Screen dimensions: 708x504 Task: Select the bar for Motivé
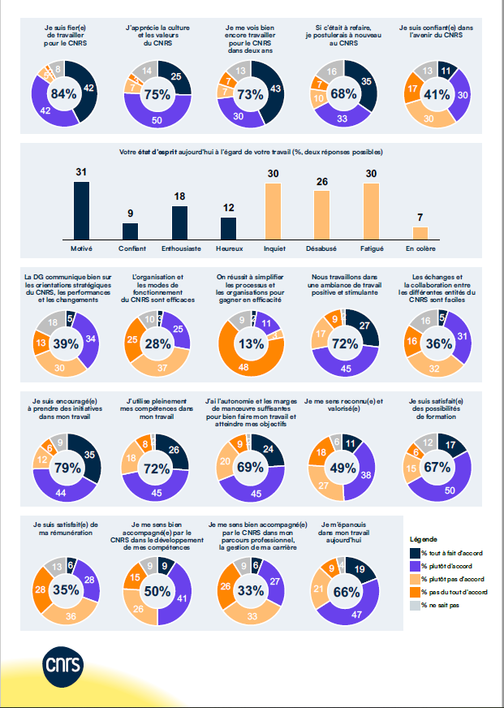(80, 209)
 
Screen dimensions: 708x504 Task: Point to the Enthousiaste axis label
(179, 247)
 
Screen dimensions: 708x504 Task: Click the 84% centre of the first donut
(63, 94)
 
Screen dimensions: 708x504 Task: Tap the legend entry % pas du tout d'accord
(455, 593)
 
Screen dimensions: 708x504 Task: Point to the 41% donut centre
(437, 94)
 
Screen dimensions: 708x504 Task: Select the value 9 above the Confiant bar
(130, 214)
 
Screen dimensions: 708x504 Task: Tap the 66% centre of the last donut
(345, 592)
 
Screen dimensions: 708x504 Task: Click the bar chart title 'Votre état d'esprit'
(251, 152)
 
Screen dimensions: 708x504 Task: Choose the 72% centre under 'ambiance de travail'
(345, 344)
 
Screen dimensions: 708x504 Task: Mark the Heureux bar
(229, 228)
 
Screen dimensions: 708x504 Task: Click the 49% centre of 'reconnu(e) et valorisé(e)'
(344, 468)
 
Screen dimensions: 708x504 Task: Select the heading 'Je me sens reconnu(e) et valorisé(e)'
(343, 405)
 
